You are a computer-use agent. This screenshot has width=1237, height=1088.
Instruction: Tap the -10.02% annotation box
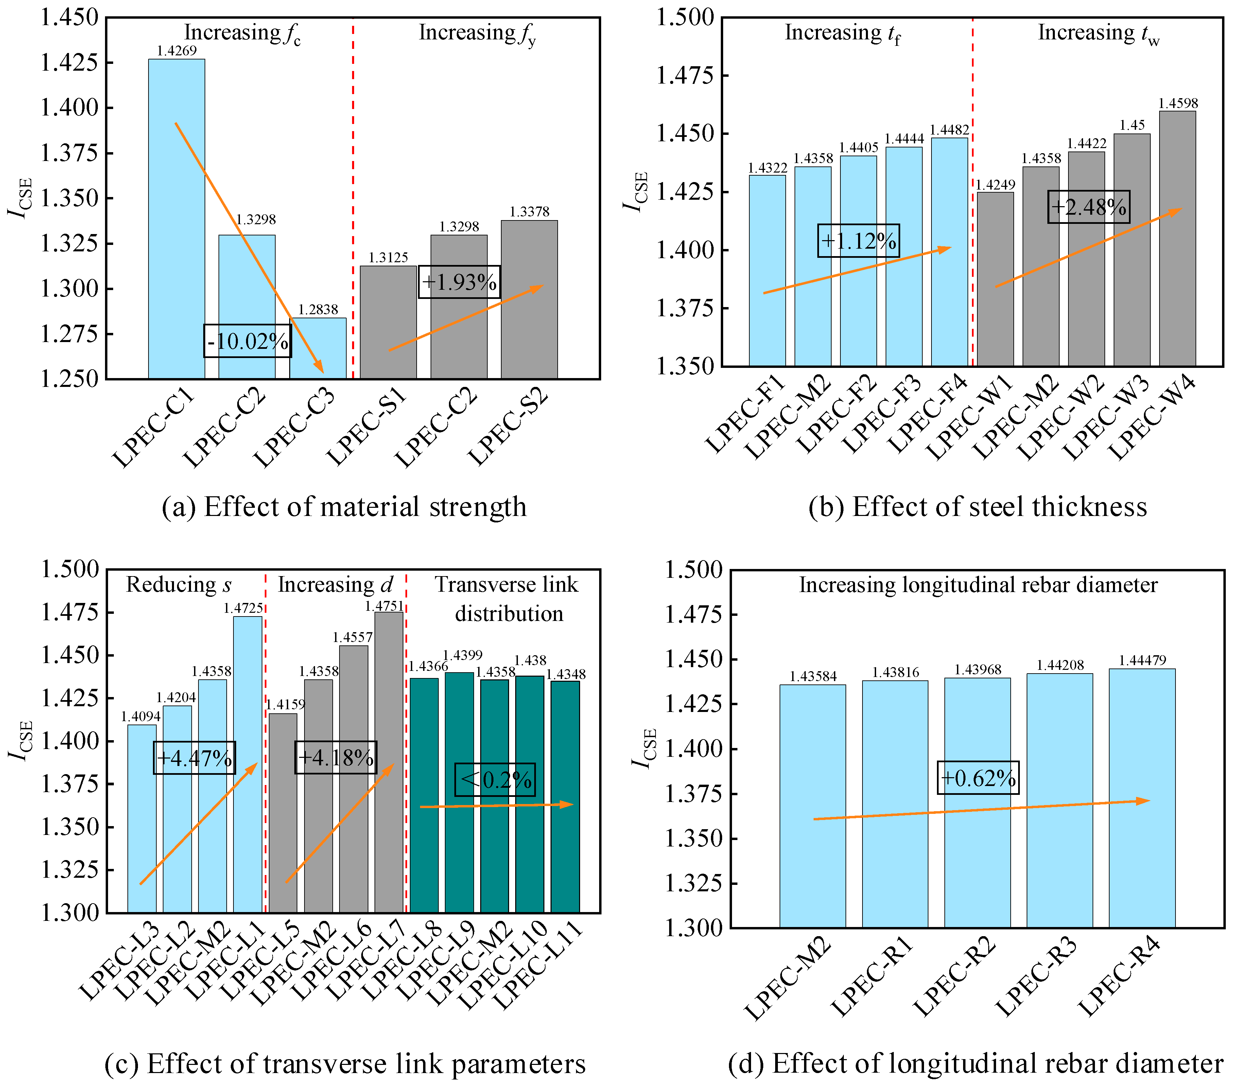click(247, 341)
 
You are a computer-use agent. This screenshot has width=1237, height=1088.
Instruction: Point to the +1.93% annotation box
click(459, 282)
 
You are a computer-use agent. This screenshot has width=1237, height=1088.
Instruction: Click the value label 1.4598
click(1178, 103)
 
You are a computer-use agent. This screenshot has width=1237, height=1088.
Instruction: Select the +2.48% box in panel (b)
click(1088, 207)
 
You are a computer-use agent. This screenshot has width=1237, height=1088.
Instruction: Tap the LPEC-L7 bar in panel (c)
click(388, 762)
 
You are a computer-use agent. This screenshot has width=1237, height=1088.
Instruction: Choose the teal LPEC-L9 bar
click(459, 792)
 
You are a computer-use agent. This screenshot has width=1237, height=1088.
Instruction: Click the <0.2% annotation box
click(495, 780)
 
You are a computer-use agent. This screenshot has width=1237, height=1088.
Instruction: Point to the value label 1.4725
click(243, 608)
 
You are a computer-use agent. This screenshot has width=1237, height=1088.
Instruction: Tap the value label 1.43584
click(813, 676)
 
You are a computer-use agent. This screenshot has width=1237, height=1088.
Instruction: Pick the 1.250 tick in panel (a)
click(68, 379)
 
